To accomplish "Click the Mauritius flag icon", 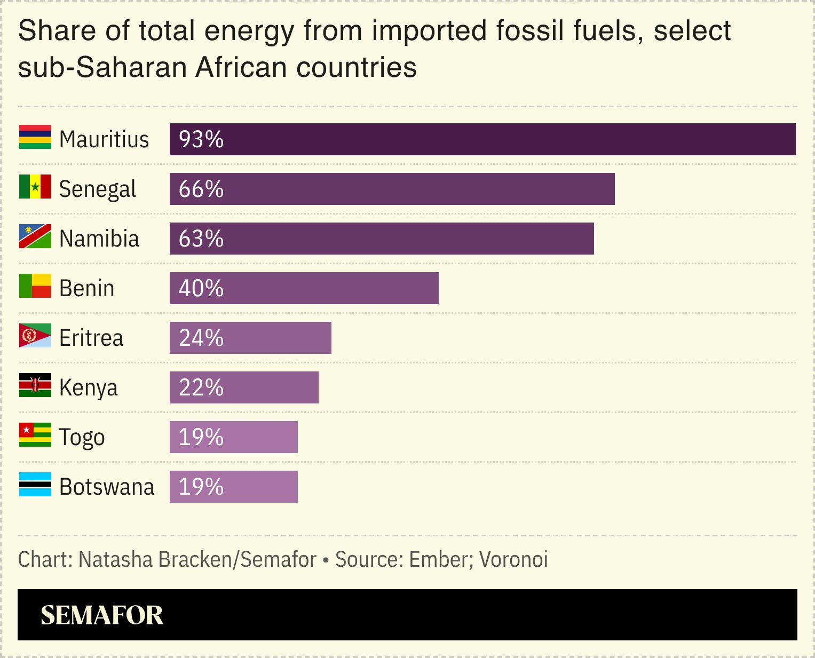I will click(35, 137).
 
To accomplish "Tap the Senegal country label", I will click(98, 189).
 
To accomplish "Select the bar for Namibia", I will click(382, 239).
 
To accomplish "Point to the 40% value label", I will click(201, 288).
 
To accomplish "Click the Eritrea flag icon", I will click(35, 336).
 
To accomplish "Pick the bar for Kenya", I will click(244, 387).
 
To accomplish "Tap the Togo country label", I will click(82, 437).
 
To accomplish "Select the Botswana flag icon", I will click(35, 485).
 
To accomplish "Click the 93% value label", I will click(201, 139).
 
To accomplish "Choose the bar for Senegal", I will click(392, 189).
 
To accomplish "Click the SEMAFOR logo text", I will click(101, 615).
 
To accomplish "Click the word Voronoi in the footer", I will click(513, 559).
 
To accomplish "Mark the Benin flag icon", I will click(35, 286).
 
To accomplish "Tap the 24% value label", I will click(201, 338).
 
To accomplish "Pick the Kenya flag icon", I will click(35, 385).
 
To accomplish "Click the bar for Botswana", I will click(234, 487).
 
